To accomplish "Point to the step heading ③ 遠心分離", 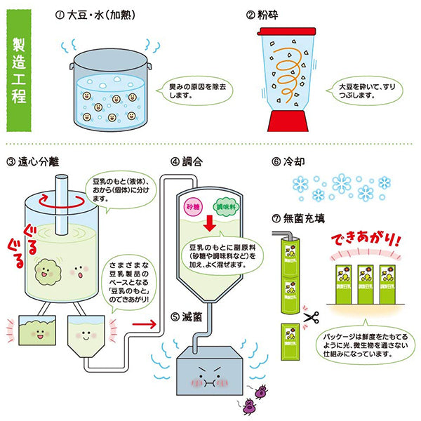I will point(33,161).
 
